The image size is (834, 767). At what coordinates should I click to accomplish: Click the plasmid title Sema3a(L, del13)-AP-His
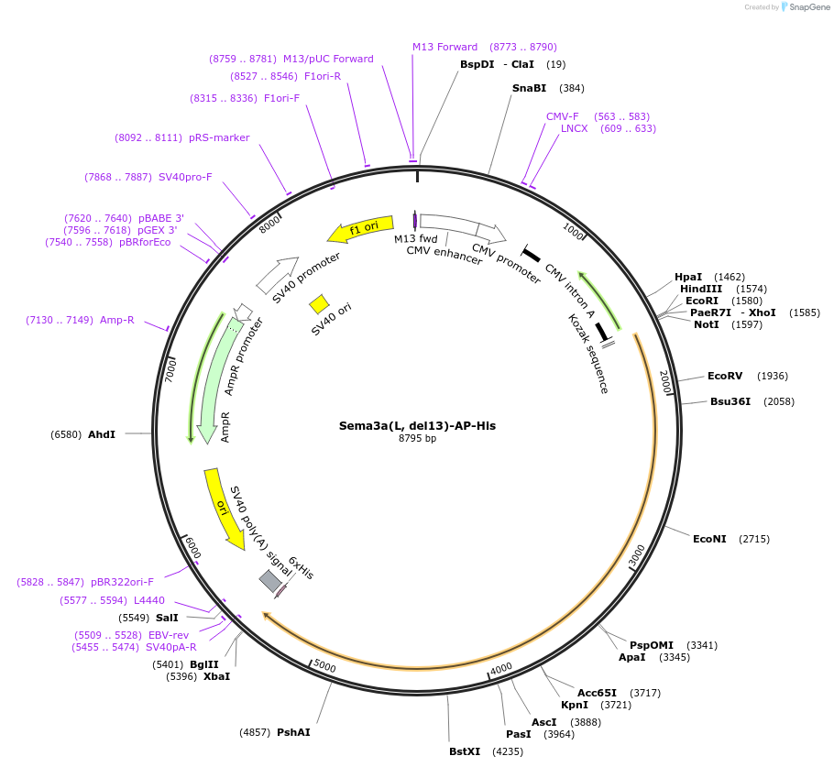point(417,425)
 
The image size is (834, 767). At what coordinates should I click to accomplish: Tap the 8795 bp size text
point(417,439)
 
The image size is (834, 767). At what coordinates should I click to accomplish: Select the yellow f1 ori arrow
point(361,228)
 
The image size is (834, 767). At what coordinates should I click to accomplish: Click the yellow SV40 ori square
point(319,303)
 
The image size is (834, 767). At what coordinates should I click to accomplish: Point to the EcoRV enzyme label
point(725,376)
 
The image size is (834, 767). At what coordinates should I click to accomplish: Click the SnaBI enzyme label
point(529,88)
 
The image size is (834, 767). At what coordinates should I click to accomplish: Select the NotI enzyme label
point(707,324)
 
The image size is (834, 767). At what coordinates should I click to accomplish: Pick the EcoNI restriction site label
point(709,539)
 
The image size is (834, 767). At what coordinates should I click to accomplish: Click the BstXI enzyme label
point(465,751)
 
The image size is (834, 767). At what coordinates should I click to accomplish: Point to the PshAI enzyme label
point(293,732)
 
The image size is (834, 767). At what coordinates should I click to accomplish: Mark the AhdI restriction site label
point(102,433)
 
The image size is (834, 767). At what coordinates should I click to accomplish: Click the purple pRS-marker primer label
point(219,137)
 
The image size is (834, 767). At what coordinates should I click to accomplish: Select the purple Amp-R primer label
point(117,320)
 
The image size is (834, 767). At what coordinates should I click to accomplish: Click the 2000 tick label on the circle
point(664,382)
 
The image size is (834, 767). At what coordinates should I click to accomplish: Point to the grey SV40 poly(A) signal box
point(270,580)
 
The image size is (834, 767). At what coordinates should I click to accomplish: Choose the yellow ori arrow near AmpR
point(224,509)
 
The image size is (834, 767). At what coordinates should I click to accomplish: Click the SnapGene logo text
point(809,6)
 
